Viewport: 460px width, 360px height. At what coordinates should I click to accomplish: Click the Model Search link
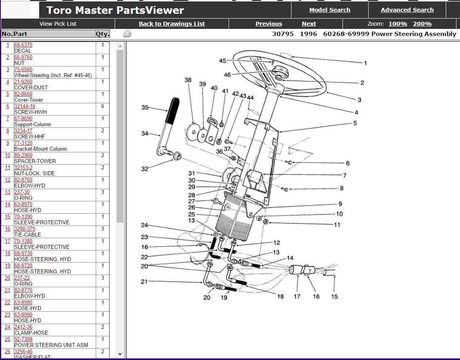[329, 10]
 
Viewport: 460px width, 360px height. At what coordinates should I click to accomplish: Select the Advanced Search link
[407, 10]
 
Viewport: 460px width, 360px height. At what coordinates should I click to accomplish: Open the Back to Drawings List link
[172, 24]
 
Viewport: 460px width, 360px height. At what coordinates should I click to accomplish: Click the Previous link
[269, 24]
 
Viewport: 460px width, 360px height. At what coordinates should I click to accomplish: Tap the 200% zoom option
[422, 24]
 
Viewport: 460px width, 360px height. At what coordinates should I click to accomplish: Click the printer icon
[127, 34]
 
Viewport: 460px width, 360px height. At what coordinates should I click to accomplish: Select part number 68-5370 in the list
[23, 45]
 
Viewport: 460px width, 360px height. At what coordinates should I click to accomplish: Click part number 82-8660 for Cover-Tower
[23, 94]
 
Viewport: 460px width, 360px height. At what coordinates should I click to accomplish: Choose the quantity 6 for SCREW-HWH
[102, 106]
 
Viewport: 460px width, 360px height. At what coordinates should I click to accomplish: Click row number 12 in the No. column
[8, 180]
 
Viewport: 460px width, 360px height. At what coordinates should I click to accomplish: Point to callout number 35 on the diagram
[145, 108]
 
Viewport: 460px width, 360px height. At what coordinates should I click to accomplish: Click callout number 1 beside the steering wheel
[365, 63]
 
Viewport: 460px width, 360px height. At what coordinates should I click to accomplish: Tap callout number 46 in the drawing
[227, 75]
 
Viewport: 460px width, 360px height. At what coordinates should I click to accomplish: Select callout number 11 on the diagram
[337, 225]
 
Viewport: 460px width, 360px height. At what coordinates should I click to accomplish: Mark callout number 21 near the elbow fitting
[144, 282]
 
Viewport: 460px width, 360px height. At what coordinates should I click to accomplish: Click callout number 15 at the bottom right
[335, 296]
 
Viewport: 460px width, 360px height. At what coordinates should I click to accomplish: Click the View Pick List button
[58, 24]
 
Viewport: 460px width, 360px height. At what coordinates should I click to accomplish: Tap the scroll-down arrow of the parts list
[120, 354]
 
